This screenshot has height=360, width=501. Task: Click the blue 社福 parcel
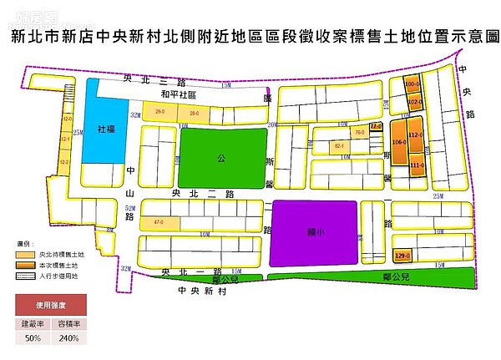(104, 130)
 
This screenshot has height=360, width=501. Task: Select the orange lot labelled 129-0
(402, 255)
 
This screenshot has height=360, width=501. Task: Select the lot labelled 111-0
(417, 166)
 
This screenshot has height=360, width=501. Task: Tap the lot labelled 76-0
(359, 133)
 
